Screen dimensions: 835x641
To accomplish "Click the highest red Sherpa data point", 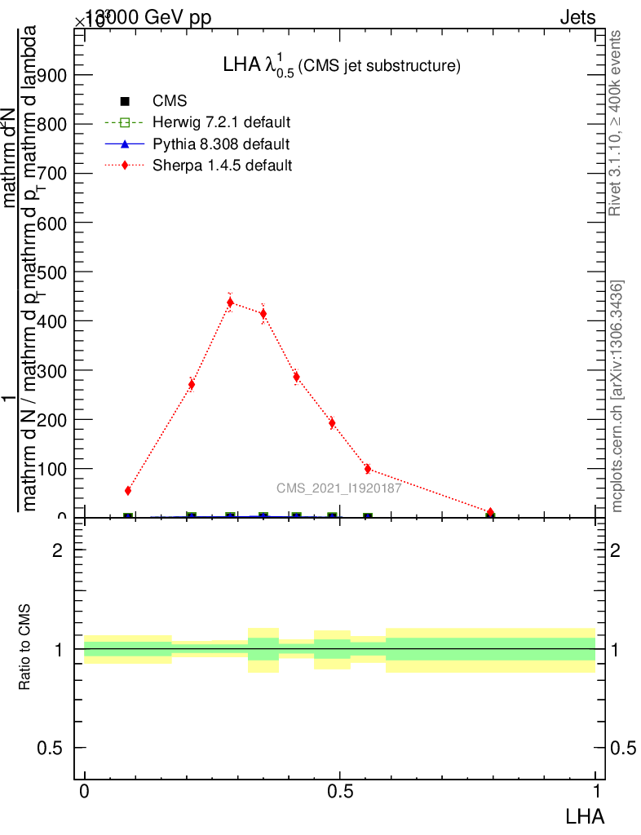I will [230, 303].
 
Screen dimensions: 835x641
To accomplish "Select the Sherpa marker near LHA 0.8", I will [490, 513].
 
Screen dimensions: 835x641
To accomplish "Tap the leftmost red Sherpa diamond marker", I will [128, 491].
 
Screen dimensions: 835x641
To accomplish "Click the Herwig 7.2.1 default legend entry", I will [222, 123].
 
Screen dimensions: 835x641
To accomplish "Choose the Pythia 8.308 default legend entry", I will [221, 144].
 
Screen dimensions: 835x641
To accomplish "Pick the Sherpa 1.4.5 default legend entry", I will [223, 166].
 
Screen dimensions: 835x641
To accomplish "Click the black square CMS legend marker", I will [126, 102].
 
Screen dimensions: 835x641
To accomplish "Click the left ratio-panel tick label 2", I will [57, 550].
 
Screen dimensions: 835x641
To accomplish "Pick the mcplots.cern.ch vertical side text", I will [617, 395].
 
